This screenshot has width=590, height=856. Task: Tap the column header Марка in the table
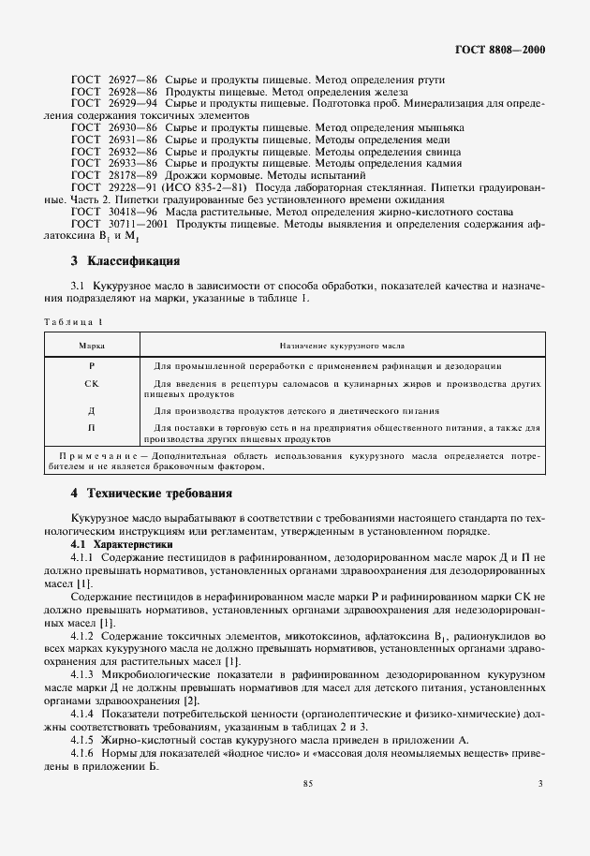point(92,346)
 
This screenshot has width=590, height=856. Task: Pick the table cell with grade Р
point(92,365)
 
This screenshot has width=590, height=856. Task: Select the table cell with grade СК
point(92,384)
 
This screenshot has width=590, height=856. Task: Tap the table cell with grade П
point(92,428)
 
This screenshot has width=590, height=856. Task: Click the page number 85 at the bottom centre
point(307,784)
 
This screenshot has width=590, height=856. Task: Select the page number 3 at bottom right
point(540,784)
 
